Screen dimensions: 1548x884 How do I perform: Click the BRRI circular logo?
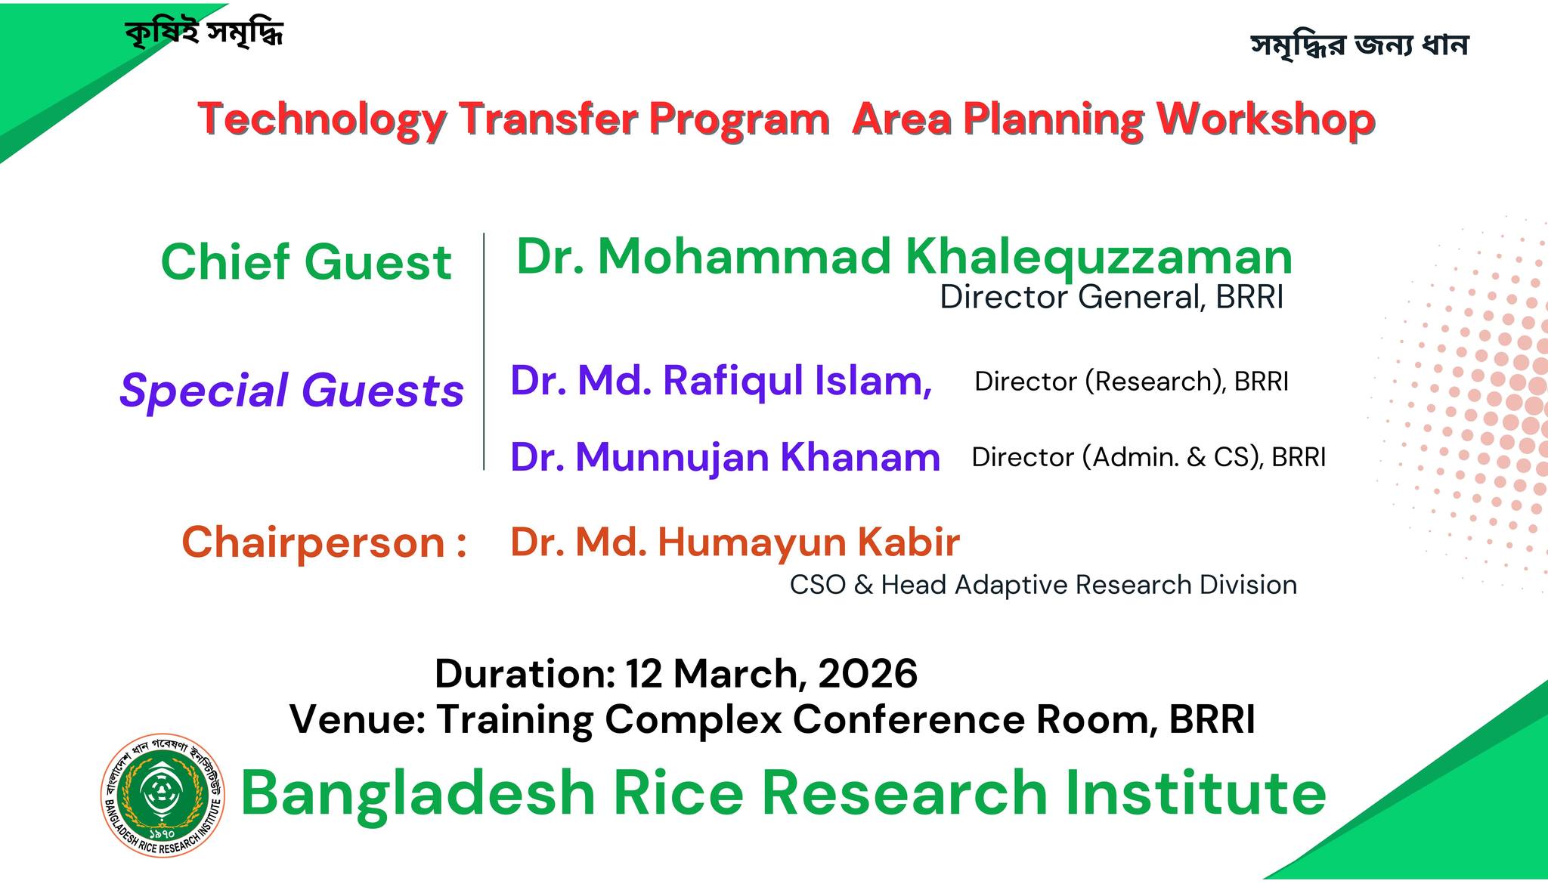[163, 796]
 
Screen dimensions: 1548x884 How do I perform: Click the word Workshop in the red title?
[1265, 120]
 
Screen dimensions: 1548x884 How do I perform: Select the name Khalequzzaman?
[1099, 257]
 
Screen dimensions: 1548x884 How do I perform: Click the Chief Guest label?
[306, 262]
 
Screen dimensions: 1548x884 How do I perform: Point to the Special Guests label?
[292, 390]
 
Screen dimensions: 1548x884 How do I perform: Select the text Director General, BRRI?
[1112, 297]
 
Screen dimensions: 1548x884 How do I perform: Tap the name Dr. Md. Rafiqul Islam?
[721, 380]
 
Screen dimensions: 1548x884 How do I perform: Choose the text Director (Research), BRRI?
[1132, 382]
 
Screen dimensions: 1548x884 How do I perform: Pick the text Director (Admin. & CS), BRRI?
[1149, 457]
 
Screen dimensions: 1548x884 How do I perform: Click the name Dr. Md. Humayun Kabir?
[735, 542]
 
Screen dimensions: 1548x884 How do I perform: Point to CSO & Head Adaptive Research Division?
[1043, 585]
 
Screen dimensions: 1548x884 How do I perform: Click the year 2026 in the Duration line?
[868, 673]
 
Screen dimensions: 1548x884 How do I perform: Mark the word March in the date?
[736, 674]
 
